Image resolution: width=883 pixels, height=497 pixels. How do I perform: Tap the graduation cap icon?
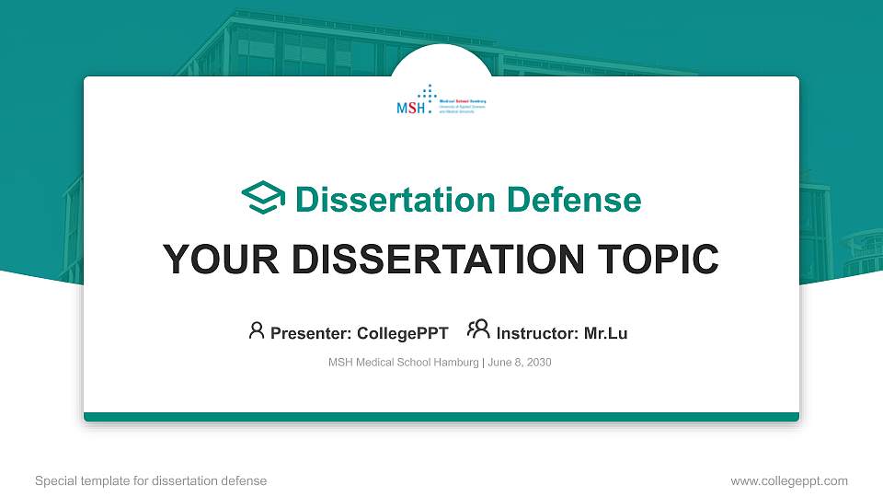[263, 199]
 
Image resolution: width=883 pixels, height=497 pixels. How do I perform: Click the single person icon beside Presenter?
[257, 330]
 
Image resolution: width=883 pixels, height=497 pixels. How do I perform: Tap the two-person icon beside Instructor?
[478, 329]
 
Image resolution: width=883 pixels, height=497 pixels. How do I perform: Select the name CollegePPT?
[402, 333]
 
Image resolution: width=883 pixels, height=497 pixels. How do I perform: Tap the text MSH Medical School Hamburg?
[403, 363]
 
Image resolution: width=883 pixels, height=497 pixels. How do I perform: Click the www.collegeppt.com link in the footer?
[788, 480]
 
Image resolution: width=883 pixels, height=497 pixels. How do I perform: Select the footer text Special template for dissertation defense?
[151, 480]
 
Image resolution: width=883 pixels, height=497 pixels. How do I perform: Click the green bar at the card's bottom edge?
[441, 417]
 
